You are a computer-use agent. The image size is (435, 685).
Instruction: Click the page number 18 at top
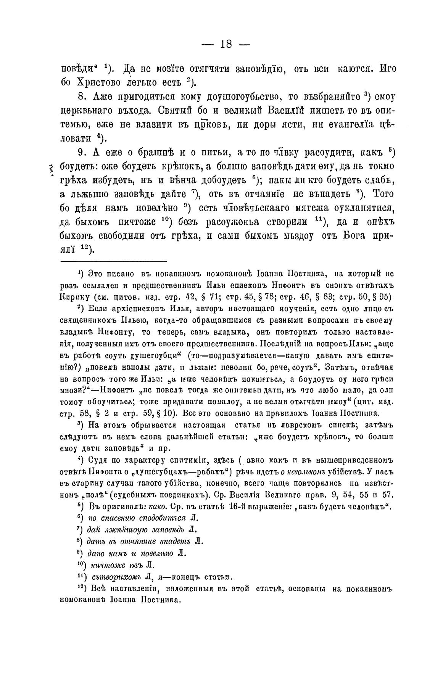[226, 45]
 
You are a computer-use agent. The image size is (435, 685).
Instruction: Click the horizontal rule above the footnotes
[114, 261]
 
